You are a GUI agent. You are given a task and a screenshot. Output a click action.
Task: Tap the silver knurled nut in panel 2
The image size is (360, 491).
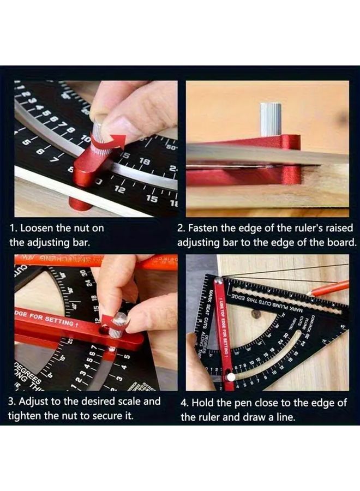(271, 118)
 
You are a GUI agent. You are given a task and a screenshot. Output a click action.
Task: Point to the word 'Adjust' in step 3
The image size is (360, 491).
(38, 402)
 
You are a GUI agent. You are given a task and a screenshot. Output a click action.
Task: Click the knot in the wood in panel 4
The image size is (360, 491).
(256, 314)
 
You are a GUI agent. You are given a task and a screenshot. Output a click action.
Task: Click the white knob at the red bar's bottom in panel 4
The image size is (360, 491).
(232, 376)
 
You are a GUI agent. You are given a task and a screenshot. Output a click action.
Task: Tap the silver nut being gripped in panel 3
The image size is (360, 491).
(119, 325)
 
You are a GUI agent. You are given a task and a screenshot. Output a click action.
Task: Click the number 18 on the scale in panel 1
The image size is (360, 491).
(144, 162)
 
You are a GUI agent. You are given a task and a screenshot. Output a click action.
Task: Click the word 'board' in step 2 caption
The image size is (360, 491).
(337, 242)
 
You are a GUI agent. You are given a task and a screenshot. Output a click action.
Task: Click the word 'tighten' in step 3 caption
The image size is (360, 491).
(25, 416)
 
